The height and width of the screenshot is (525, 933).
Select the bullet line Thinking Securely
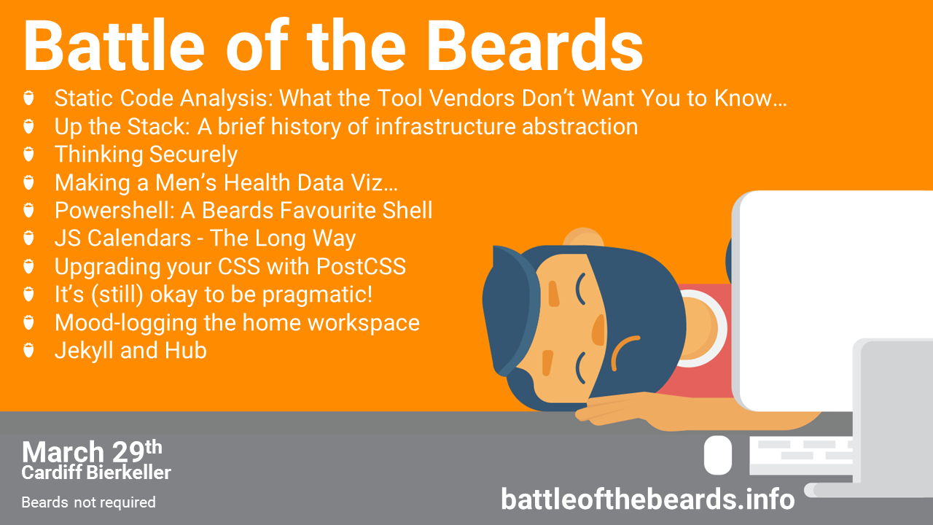(146, 155)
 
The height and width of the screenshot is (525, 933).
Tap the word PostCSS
(361, 267)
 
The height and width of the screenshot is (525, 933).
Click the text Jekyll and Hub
(130, 351)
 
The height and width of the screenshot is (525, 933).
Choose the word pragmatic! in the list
(320, 295)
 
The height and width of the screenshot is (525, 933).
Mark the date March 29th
(92, 452)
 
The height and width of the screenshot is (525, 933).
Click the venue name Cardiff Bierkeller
(96, 472)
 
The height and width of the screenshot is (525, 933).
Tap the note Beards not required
(88, 502)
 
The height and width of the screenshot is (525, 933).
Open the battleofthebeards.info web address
(647, 499)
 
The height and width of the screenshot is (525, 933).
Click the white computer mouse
(717, 454)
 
